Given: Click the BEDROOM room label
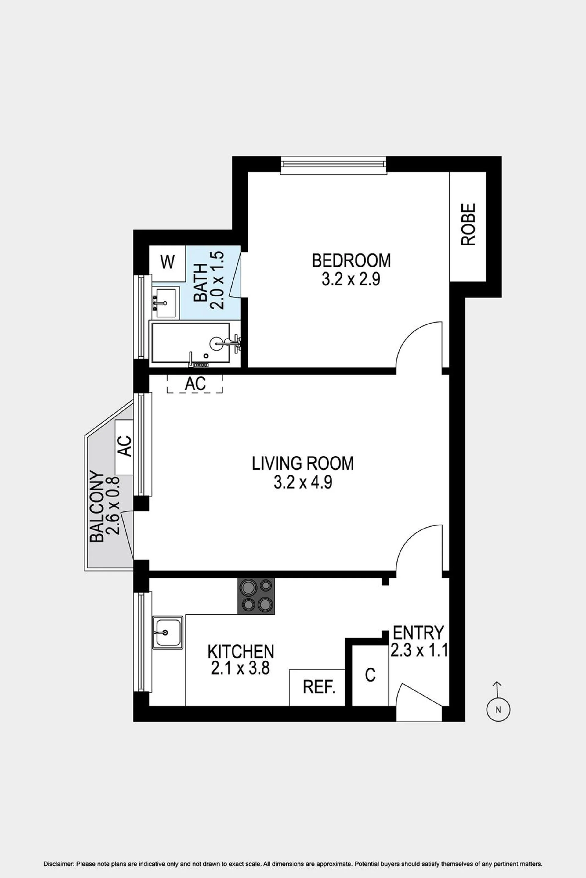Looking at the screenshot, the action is [x=351, y=260].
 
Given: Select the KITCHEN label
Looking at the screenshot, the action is [x=241, y=652].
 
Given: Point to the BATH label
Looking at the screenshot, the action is [x=201, y=283].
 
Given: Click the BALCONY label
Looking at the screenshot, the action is [x=97, y=507].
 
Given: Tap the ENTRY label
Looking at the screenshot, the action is [x=418, y=633].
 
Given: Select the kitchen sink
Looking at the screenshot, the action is [x=168, y=633].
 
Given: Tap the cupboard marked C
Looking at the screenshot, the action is [x=370, y=675].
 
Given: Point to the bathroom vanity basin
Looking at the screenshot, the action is [x=165, y=303].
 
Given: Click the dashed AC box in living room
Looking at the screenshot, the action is [x=195, y=384].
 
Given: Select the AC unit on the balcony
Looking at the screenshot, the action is [x=125, y=447].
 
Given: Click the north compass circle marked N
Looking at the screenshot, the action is [x=498, y=710].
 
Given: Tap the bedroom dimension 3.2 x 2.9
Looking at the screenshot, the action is [x=351, y=279].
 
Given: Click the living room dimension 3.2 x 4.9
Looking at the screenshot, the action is [x=303, y=482].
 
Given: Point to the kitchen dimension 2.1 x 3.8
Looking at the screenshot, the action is [x=240, y=668].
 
